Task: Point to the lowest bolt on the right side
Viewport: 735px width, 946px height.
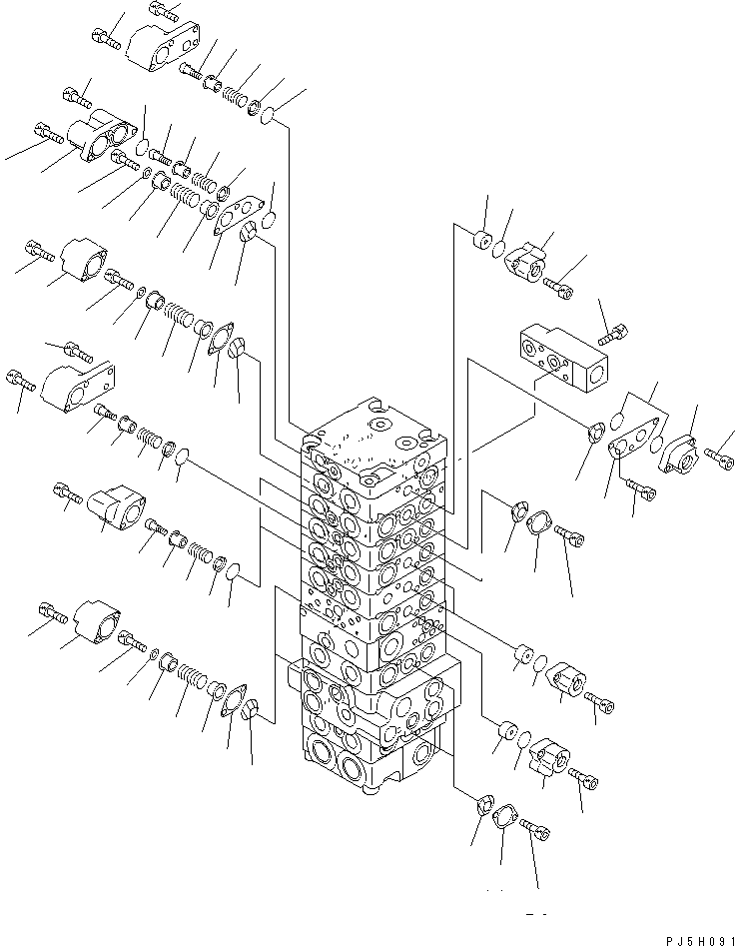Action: (536, 827)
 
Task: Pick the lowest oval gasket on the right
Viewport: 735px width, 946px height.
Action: (504, 818)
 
